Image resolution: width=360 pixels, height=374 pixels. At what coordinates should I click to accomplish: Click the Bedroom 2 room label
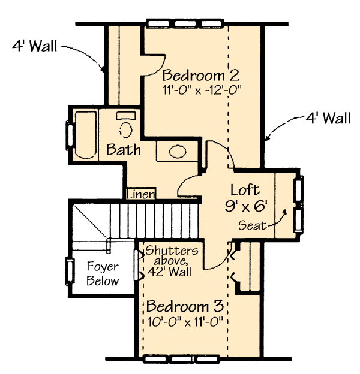point(201,75)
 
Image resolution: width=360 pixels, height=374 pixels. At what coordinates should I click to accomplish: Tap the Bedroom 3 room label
point(185,306)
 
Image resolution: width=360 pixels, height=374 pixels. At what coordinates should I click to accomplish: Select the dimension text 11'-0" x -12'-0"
point(202,90)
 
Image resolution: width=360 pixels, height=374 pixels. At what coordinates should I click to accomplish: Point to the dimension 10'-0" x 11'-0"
point(185,322)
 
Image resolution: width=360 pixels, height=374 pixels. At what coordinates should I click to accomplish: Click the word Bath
point(123,150)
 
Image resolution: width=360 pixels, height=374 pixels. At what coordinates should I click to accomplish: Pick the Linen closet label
point(140,194)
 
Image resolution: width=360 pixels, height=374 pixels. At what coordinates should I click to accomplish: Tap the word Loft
point(245,190)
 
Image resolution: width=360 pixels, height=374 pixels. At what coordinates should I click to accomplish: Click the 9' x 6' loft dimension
point(246,206)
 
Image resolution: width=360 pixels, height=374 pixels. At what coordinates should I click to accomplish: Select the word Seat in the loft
point(252,225)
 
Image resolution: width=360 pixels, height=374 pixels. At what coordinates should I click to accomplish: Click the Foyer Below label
point(103,273)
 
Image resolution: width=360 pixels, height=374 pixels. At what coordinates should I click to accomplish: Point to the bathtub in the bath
point(86,135)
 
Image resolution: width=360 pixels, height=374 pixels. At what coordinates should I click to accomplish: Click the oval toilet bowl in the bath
point(126,129)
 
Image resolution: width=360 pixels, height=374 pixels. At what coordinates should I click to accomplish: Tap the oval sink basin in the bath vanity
point(178,152)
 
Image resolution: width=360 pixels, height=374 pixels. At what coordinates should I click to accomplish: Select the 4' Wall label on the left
point(35,46)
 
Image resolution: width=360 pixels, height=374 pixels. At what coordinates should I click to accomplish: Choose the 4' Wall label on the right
point(328,118)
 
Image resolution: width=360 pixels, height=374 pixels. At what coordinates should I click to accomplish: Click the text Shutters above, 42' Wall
point(171,261)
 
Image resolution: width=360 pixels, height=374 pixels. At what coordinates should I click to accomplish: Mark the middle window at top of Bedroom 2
point(185,23)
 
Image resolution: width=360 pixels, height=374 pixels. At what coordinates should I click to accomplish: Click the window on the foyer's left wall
point(70,271)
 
